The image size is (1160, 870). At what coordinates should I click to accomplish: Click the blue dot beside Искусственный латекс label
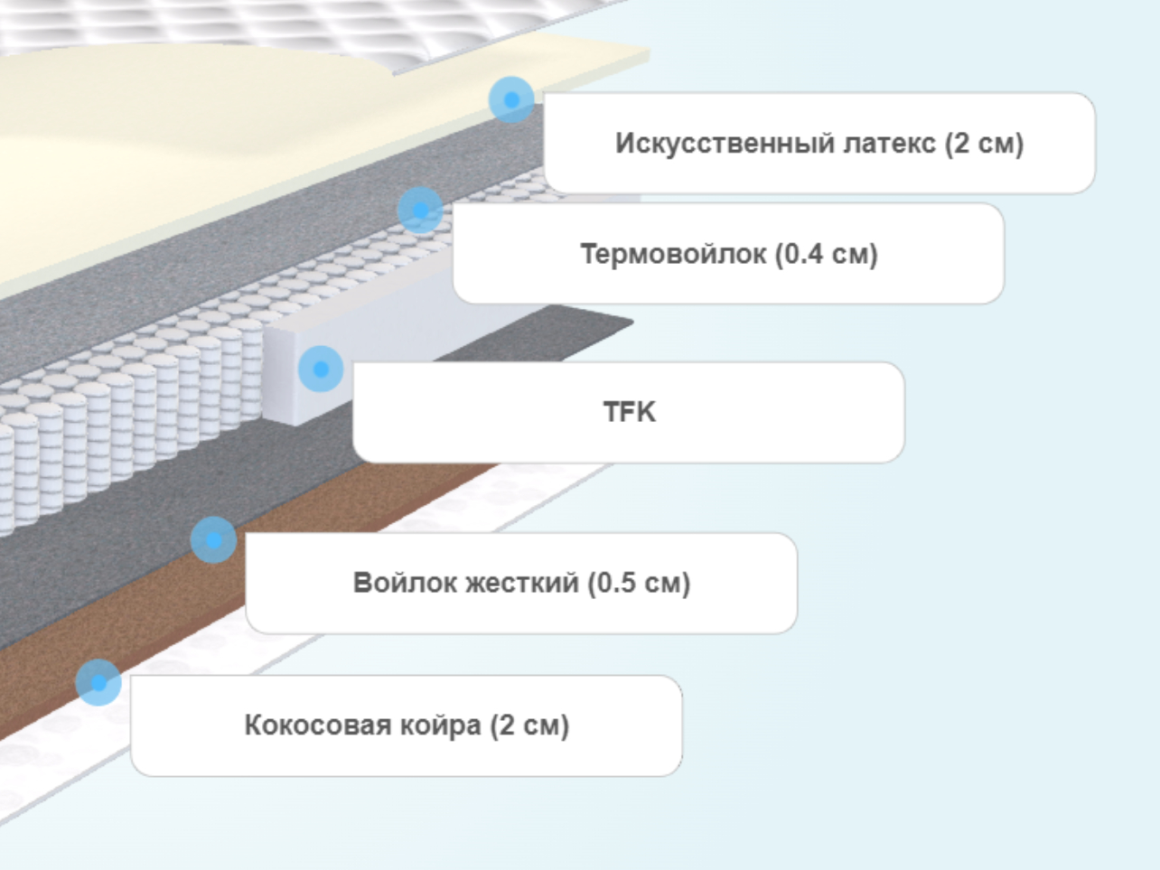tap(511, 100)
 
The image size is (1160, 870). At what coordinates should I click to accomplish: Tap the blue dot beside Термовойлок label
tap(420, 210)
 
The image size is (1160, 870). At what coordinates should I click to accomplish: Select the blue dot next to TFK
tap(321, 370)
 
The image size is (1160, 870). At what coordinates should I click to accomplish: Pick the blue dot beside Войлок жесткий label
tap(213, 540)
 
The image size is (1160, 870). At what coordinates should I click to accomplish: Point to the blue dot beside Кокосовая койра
tap(98, 682)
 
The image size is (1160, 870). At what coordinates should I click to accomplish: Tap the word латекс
tap(889, 144)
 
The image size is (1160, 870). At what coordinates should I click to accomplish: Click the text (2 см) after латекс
tap(985, 144)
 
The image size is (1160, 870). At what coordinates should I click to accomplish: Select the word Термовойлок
tap(673, 254)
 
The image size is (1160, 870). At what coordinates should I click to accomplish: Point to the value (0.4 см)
tap(827, 254)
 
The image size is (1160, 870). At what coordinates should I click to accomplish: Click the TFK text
tap(630, 411)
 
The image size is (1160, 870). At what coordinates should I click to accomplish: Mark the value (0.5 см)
tap(640, 583)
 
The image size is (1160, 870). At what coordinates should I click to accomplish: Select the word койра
tap(440, 725)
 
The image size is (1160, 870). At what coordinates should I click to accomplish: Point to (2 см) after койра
tap(529, 725)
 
